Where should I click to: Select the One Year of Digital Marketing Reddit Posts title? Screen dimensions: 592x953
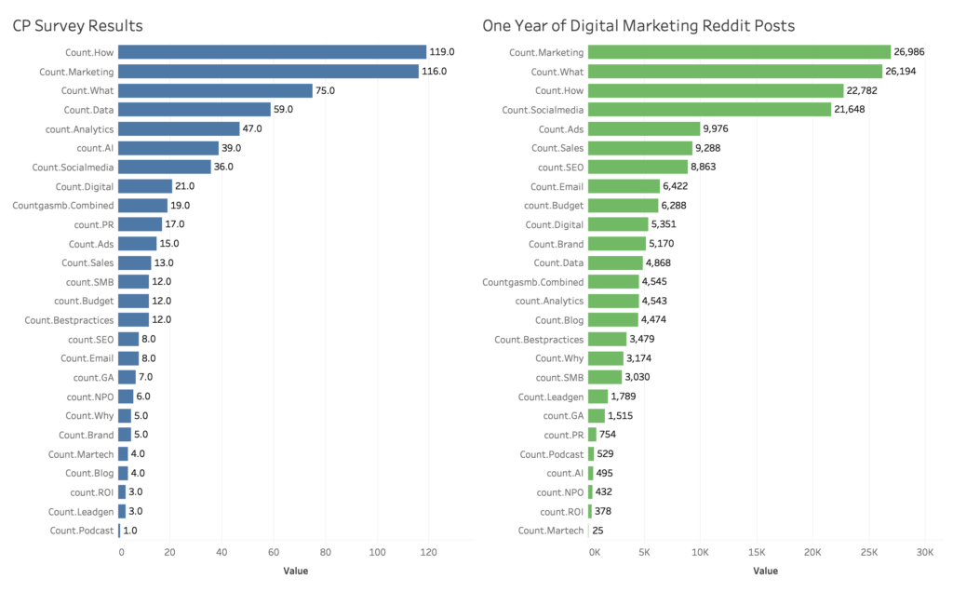click(x=638, y=25)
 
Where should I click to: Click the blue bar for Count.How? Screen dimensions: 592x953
click(x=272, y=52)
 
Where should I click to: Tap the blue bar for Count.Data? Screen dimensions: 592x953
click(x=195, y=110)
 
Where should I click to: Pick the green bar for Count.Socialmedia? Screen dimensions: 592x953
click(x=709, y=110)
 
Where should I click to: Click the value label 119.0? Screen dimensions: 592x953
click(x=443, y=52)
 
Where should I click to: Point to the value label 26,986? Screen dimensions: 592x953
click(x=915, y=52)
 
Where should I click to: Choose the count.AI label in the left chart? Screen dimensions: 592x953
click(x=95, y=148)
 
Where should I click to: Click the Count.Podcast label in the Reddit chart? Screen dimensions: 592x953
click(x=552, y=454)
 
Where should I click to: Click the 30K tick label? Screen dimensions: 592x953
click(x=923, y=552)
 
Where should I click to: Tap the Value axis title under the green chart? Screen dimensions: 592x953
click(x=765, y=571)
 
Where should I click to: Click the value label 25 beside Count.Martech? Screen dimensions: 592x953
click(x=597, y=531)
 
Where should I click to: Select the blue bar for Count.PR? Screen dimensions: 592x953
click(x=141, y=224)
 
